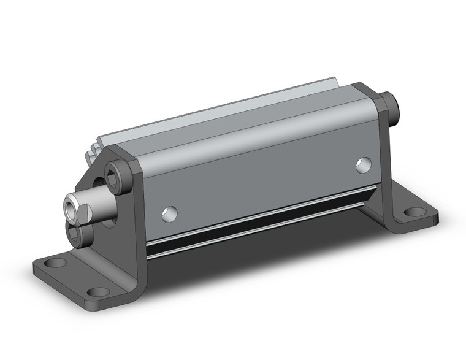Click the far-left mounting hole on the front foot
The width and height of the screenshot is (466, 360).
click(x=57, y=263)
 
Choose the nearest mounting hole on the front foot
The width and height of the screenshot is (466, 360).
click(x=98, y=293)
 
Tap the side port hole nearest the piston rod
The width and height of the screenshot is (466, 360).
click(x=169, y=214)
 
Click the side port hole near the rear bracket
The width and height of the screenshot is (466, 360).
click(x=363, y=164)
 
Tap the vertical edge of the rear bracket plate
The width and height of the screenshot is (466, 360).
click(x=384, y=159)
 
